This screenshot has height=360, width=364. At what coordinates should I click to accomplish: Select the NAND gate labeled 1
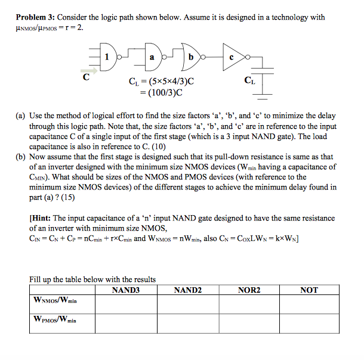(107, 58)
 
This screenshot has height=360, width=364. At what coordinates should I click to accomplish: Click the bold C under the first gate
(87, 76)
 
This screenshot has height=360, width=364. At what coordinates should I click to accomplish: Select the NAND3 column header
(126, 290)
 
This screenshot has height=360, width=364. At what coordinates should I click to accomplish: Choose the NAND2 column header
(187, 290)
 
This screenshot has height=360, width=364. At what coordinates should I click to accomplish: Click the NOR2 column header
(249, 290)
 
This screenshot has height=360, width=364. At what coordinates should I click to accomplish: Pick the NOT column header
(309, 290)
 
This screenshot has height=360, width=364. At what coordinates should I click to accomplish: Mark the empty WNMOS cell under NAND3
(126, 303)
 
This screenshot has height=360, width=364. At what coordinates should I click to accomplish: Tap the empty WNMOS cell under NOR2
(249, 303)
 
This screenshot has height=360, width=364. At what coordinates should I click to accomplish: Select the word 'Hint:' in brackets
(46, 219)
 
